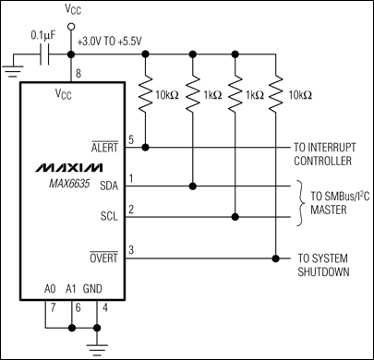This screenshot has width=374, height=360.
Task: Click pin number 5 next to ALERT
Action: coord(130,139)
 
